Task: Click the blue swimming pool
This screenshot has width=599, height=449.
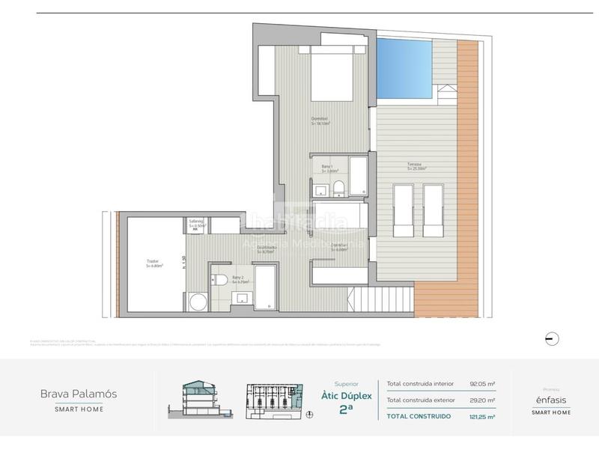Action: click(x=404, y=70)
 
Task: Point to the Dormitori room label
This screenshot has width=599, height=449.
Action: click(x=322, y=121)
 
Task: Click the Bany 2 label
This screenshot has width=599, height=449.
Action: click(x=240, y=279)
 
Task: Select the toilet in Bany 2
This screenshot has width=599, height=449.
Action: click(x=220, y=280)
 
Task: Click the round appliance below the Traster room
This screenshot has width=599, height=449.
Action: click(x=198, y=302)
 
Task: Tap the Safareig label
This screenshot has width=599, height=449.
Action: click(x=196, y=223)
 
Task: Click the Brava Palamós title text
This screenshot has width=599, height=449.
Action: click(x=79, y=393)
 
